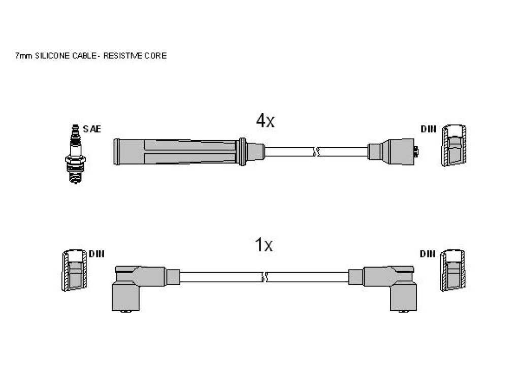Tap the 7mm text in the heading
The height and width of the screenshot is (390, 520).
[23, 56]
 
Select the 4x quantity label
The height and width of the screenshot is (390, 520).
[265, 120]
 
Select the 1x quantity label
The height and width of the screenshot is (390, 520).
[264, 245]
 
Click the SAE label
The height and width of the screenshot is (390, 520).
[92, 128]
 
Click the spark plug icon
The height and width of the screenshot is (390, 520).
[75, 154]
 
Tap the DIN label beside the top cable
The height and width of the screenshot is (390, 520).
[429, 128]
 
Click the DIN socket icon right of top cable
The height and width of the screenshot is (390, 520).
[453, 145]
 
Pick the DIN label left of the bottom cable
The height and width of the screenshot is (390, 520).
[96, 254]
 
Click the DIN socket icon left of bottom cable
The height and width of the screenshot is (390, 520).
[74, 270]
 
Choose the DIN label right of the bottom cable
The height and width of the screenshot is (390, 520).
[428, 254]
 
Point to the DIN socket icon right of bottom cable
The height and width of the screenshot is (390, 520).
[452, 270]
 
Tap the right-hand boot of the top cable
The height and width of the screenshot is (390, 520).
[393, 151]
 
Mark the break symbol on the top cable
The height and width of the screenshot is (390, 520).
[316, 152]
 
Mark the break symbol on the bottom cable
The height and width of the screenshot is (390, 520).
[265, 277]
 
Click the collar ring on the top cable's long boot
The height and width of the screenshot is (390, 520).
[243, 151]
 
